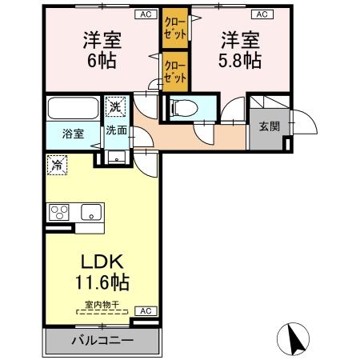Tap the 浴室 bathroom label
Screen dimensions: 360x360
coord(73,134)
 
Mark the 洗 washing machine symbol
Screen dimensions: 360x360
coord(117,106)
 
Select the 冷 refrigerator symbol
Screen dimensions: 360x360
coord(58,165)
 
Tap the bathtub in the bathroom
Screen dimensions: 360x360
coord(73,108)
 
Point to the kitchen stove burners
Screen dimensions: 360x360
coord(60,213)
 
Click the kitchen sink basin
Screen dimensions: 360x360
coord(89,213)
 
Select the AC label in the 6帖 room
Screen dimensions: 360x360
coord(145,14)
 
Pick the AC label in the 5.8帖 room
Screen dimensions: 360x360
coord(261,14)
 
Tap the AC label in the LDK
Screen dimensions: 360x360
coord(145,310)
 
